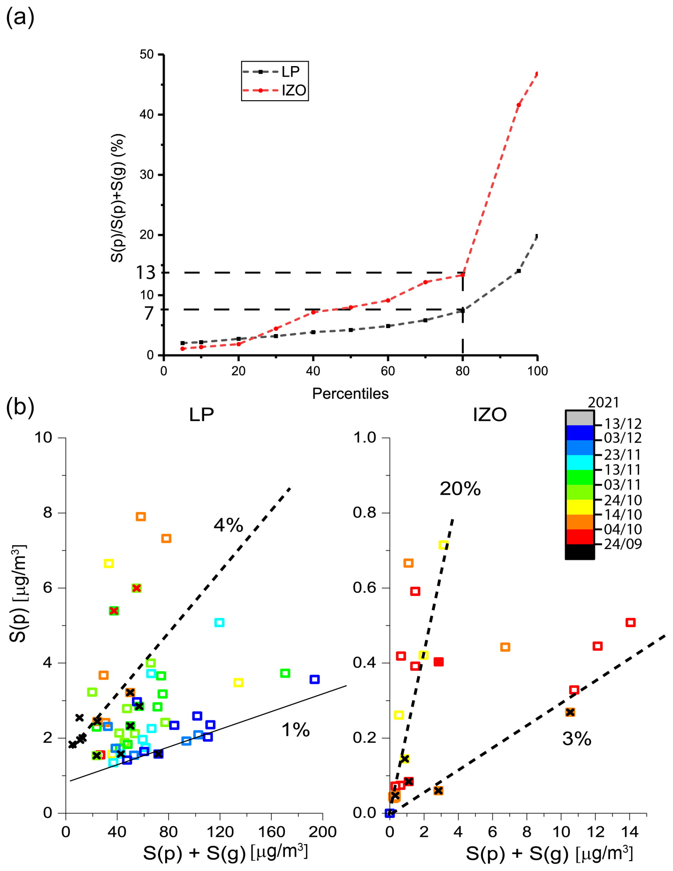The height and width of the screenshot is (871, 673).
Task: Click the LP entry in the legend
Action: [290, 72]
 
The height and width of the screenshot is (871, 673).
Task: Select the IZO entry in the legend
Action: [294, 91]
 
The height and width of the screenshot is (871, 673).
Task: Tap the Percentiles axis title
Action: [350, 394]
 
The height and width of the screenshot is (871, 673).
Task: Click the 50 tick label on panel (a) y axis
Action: [147, 54]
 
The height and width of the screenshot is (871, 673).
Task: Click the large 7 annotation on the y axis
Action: [149, 313]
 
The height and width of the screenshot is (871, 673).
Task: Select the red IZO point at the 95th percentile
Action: [519, 105]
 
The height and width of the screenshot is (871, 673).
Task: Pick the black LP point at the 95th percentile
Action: [519, 271]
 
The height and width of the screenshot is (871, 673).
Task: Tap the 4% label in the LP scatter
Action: [228, 525]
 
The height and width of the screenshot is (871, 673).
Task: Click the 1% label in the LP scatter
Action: [295, 730]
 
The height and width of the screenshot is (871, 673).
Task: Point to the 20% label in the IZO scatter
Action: [460, 489]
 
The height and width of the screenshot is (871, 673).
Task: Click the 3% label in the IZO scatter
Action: [576, 739]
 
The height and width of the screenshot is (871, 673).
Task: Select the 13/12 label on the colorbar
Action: [622, 424]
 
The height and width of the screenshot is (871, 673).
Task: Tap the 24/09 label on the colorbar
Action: [622, 544]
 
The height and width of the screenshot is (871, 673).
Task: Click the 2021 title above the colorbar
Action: [603, 403]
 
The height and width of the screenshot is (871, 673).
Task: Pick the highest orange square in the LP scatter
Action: [141, 517]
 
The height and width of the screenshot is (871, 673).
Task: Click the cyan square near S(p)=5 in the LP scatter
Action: [219, 623]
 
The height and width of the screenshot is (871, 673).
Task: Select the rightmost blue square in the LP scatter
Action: [314, 679]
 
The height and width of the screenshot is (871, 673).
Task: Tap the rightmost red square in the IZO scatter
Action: [630, 623]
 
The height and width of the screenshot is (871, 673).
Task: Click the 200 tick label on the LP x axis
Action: [323, 832]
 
